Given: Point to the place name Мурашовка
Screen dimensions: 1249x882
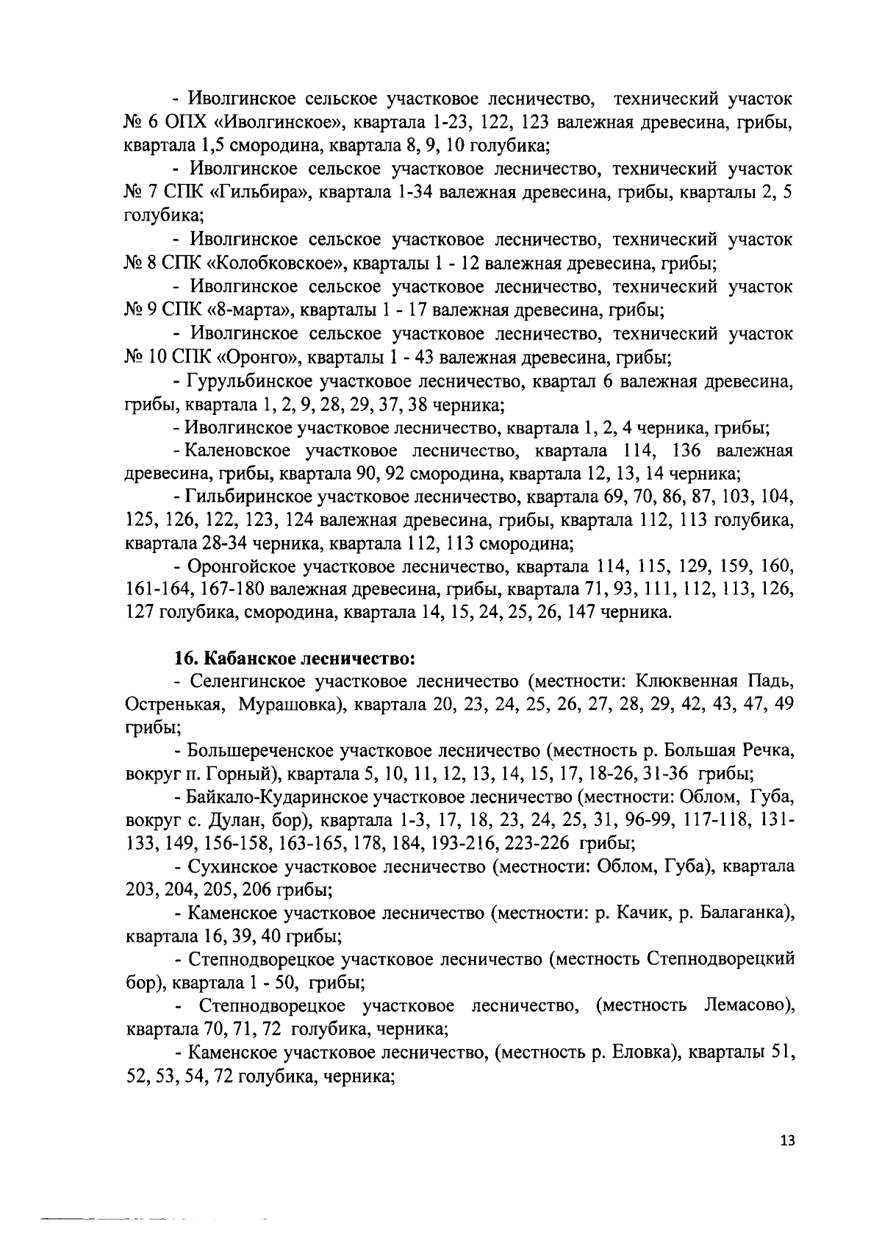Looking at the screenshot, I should (x=293, y=704).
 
